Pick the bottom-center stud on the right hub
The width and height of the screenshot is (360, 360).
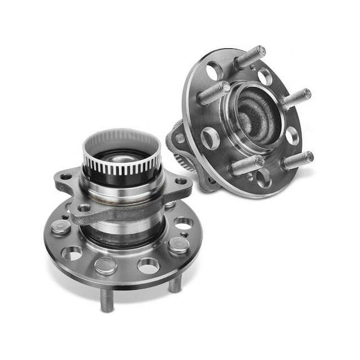click(246, 165)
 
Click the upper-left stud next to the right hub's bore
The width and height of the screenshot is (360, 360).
click(213, 93)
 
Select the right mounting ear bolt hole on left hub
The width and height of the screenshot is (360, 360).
click(181, 181)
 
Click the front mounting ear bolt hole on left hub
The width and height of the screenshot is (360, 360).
click(84, 207)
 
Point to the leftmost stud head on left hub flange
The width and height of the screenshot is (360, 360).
click(61, 226)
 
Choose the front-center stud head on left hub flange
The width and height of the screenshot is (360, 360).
click(106, 265)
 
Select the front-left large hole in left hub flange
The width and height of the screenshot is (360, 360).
click(72, 253)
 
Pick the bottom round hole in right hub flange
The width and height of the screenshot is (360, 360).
click(263, 178)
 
